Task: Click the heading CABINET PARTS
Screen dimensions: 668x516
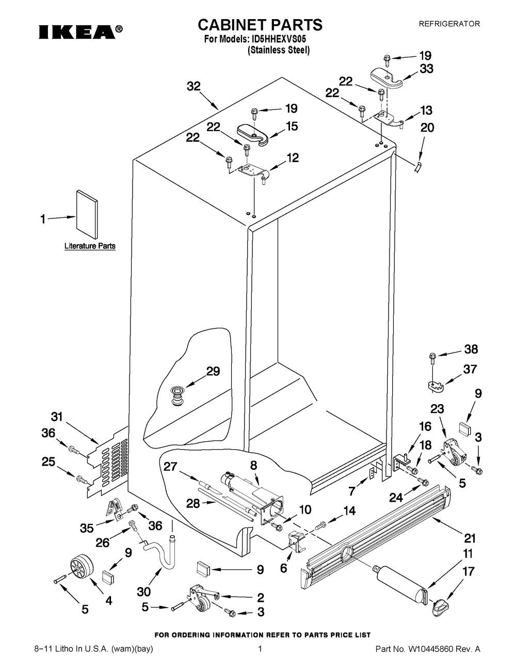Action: pyautogui.click(x=261, y=24)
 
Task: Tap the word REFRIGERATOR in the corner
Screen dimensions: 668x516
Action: pyautogui.click(x=449, y=24)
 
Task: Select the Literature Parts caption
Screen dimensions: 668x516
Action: pyautogui.click(x=90, y=246)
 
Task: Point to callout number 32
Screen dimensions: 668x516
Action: pyautogui.click(x=193, y=87)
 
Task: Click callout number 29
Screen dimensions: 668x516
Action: pyautogui.click(x=213, y=371)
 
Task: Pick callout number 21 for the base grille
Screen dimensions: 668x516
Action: pyautogui.click(x=469, y=538)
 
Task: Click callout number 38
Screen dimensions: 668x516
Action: pyautogui.click(x=471, y=349)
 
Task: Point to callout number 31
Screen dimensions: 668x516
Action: pyautogui.click(x=57, y=417)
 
